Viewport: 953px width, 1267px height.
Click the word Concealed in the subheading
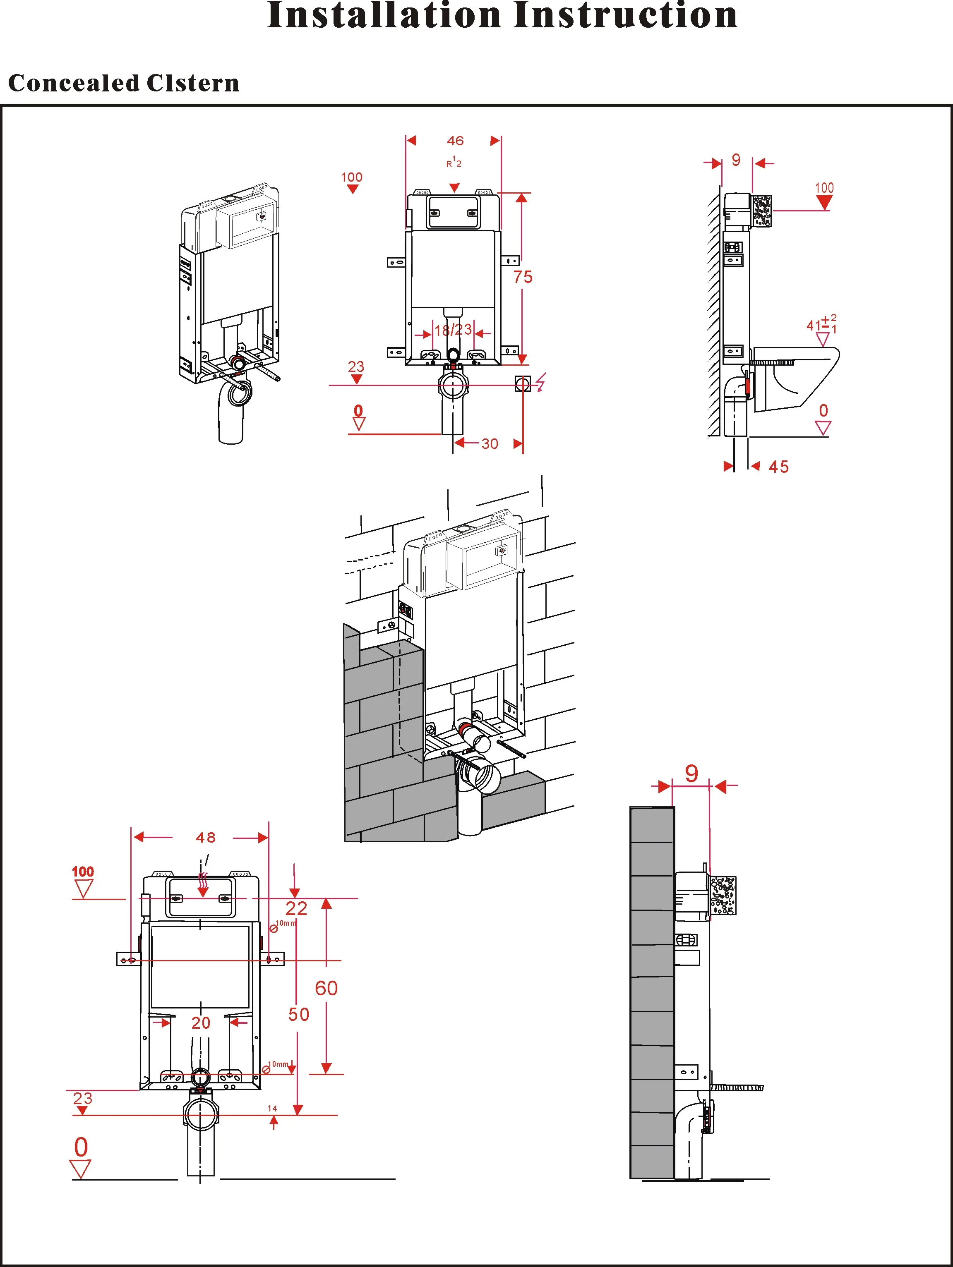[x=73, y=83]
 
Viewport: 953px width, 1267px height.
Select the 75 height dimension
[x=523, y=277]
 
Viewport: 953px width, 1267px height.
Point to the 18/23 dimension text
[x=453, y=330]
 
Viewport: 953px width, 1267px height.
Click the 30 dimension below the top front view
[x=490, y=443]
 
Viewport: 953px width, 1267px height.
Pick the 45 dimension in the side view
[x=778, y=467]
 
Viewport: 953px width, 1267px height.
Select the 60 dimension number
[x=326, y=988]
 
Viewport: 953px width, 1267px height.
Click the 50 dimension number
[x=299, y=1014]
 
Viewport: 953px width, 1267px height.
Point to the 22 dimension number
[x=296, y=908]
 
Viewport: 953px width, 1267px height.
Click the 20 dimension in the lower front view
[x=201, y=1023]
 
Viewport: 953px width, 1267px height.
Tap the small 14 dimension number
[x=272, y=1108]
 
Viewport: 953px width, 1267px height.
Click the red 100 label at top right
[x=824, y=187]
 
